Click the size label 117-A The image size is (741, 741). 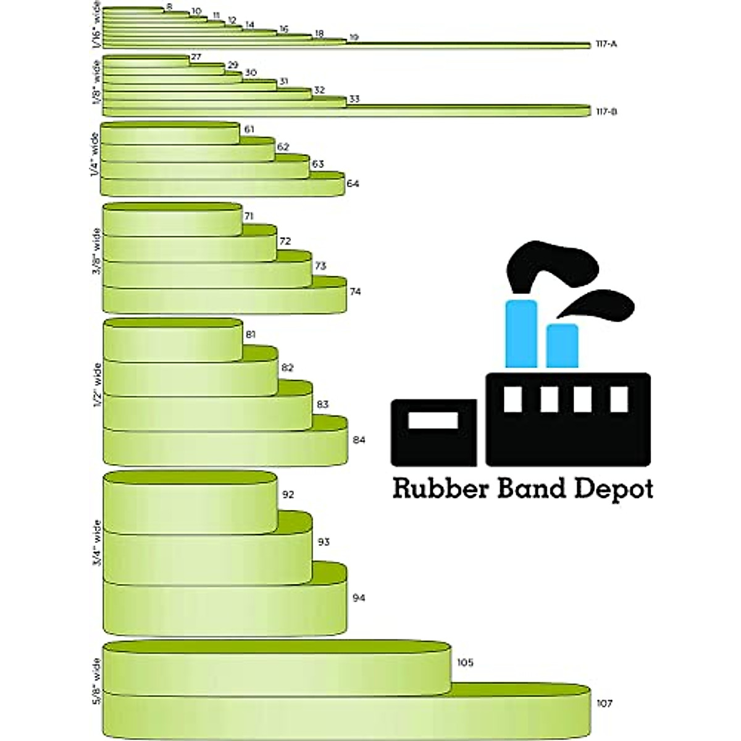click(607, 44)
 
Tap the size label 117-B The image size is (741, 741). click(607, 112)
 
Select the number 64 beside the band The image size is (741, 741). click(353, 183)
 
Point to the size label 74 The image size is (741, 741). click(355, 291)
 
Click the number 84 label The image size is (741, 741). click(359, 440)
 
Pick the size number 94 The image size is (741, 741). click(359, 598)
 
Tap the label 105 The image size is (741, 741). click(465, 663)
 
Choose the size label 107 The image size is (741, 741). click(605, 703)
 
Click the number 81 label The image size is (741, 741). click(251, 335)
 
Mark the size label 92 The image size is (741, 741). click(288, 495)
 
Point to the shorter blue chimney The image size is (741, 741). click(563, 346)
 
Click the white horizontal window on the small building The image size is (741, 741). click(433, 421)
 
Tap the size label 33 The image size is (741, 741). click(354, 99)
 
